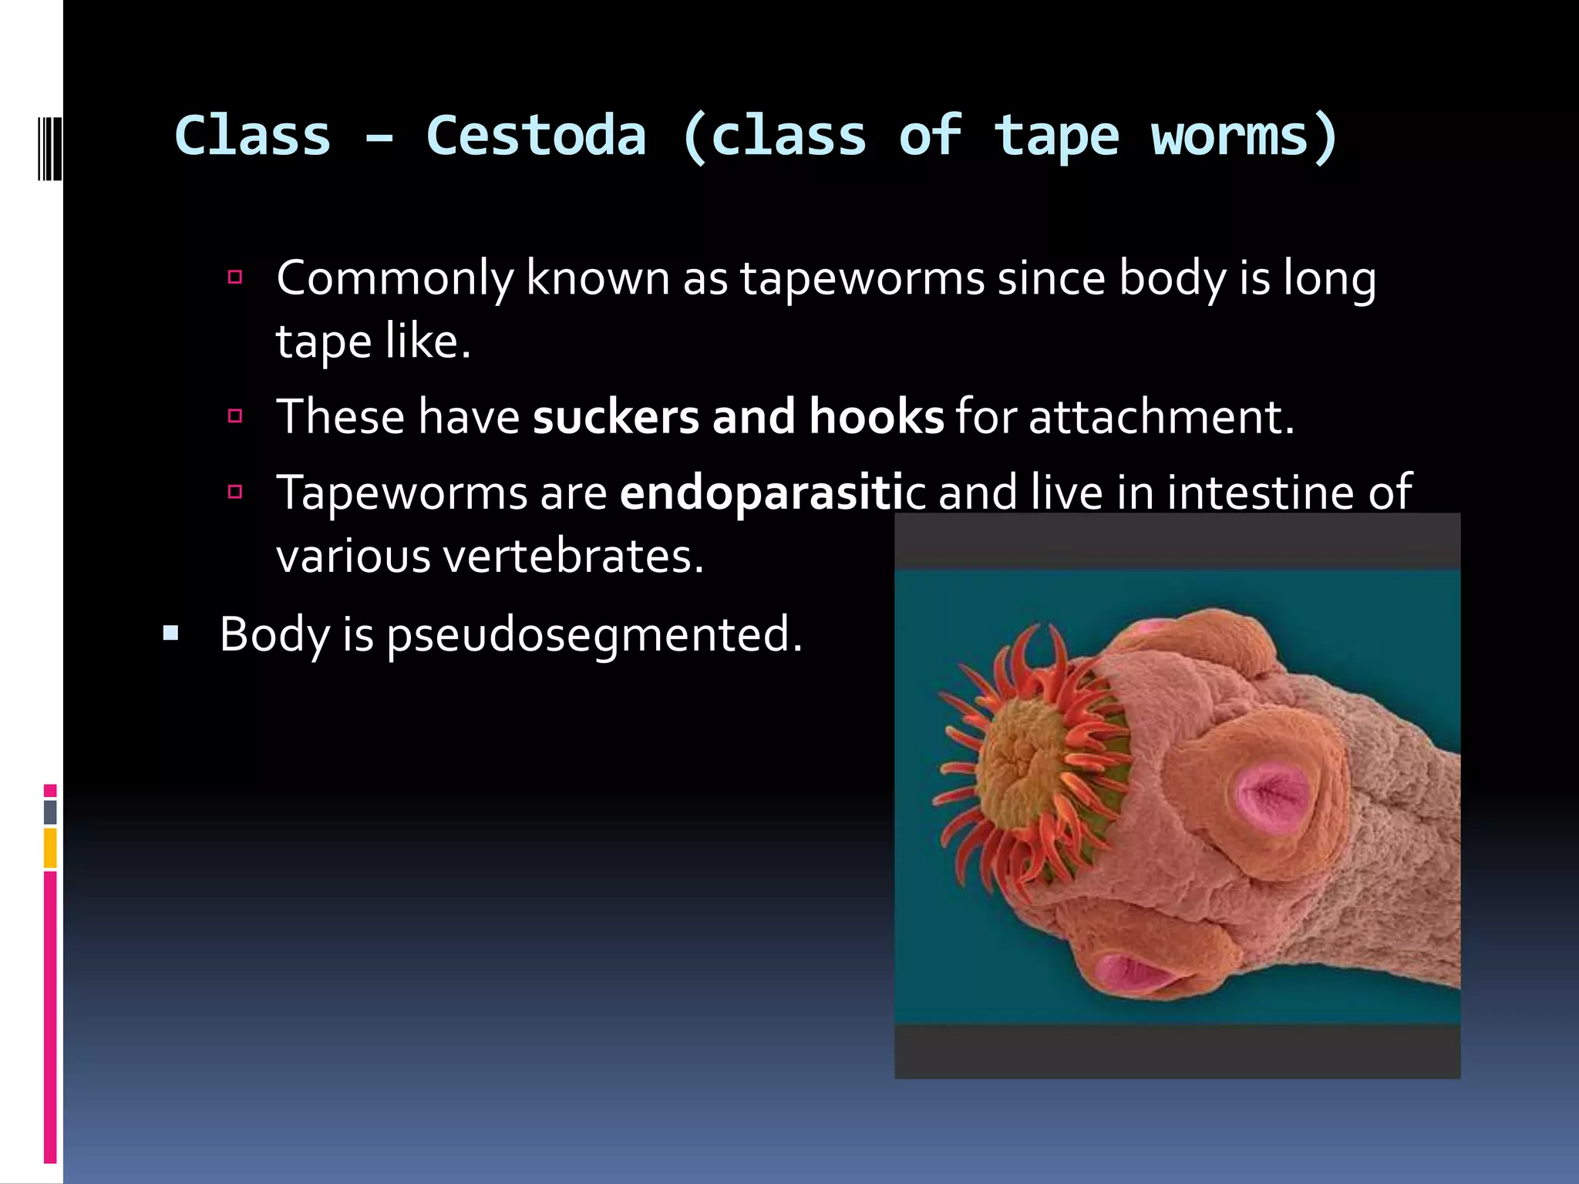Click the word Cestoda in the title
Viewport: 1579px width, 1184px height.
point(536,136)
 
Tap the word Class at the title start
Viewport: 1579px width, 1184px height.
point(253,136)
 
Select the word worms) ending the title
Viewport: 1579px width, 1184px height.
point(1244,136)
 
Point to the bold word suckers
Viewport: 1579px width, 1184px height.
point(615,417)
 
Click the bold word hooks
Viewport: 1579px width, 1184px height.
point(876,417)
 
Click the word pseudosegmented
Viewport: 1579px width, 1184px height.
point(594,635)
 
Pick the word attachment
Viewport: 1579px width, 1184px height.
point(1160,417)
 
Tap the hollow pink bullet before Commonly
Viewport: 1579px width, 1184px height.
point(236,277)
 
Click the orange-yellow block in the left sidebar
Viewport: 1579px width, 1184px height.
point(50,848)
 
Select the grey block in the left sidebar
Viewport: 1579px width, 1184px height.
point(50,812)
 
